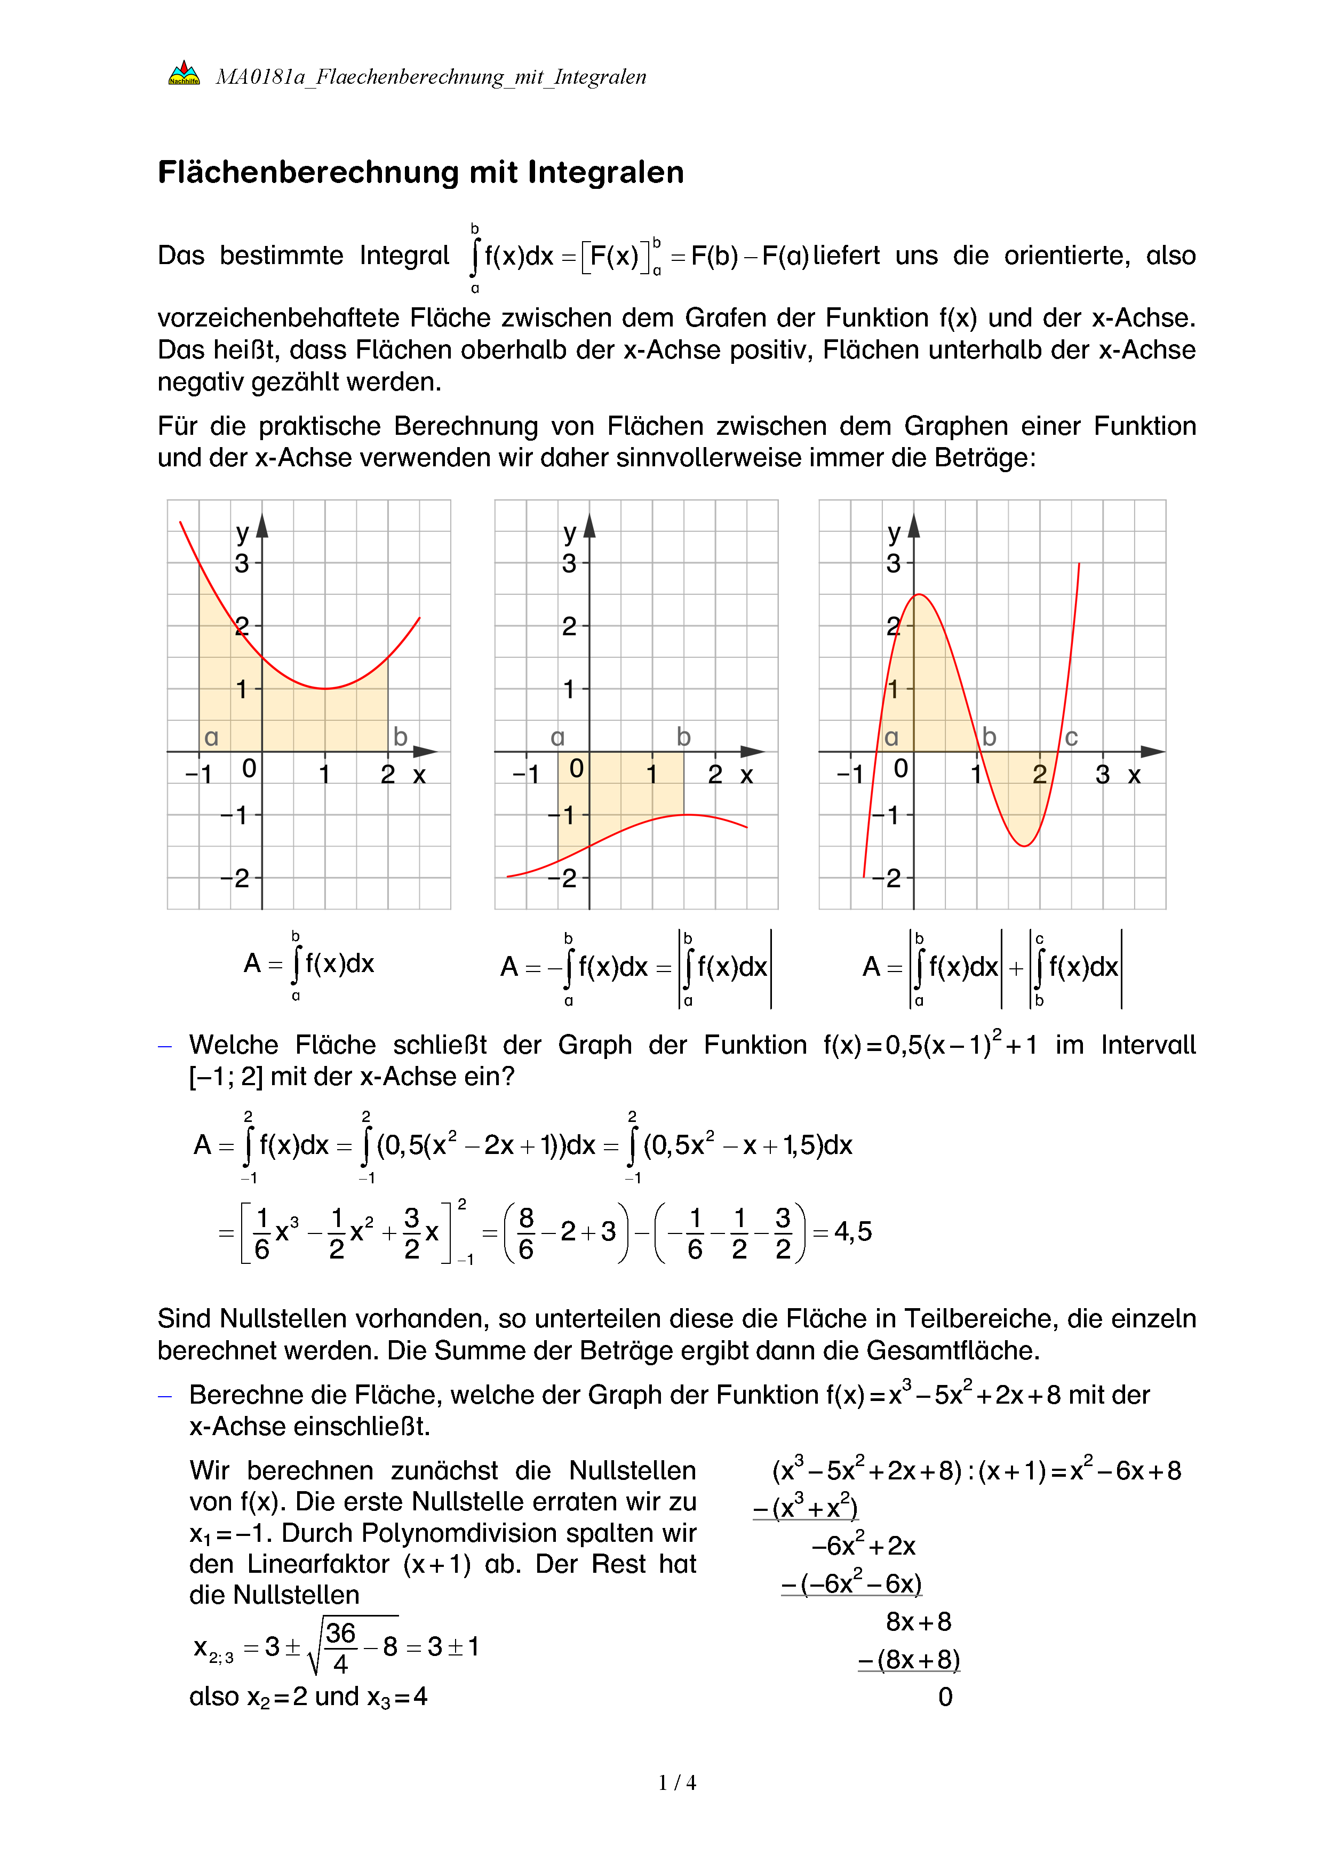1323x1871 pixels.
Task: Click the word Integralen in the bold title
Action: tap(605, 173)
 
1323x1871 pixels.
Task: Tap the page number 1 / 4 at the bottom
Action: tap(677, 1782)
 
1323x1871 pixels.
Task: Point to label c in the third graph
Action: tap(1071, 737)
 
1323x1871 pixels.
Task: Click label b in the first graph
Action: tap(400, 737)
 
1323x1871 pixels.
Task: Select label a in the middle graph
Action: tap(557, 737)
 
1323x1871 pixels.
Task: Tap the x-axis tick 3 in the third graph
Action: tap(1102, 774)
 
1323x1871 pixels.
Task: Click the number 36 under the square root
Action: tap(340, 1633)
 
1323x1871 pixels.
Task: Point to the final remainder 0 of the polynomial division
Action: tap(945, 1698)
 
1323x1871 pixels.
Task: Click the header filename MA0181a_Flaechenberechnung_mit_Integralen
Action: tap(430, 77)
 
